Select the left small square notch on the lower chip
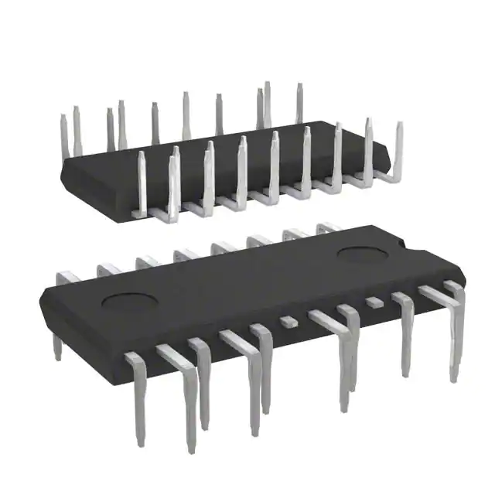pos(288,319)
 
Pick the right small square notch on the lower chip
pos(374,300)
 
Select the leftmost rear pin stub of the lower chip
pos(70,276)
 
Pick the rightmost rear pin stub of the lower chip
pos(328,227)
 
